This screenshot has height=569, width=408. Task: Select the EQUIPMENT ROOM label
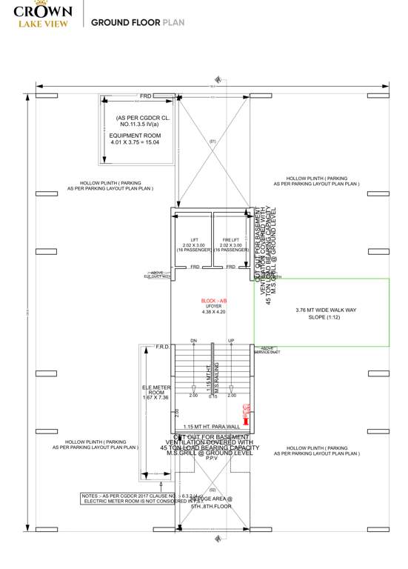136,136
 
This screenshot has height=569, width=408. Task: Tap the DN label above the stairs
193,341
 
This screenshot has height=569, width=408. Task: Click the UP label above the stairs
232,341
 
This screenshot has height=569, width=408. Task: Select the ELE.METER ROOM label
156,392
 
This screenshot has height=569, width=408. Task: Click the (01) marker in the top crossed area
212,141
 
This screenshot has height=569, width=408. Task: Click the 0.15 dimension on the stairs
213,396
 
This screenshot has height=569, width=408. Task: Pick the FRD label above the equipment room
146,96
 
